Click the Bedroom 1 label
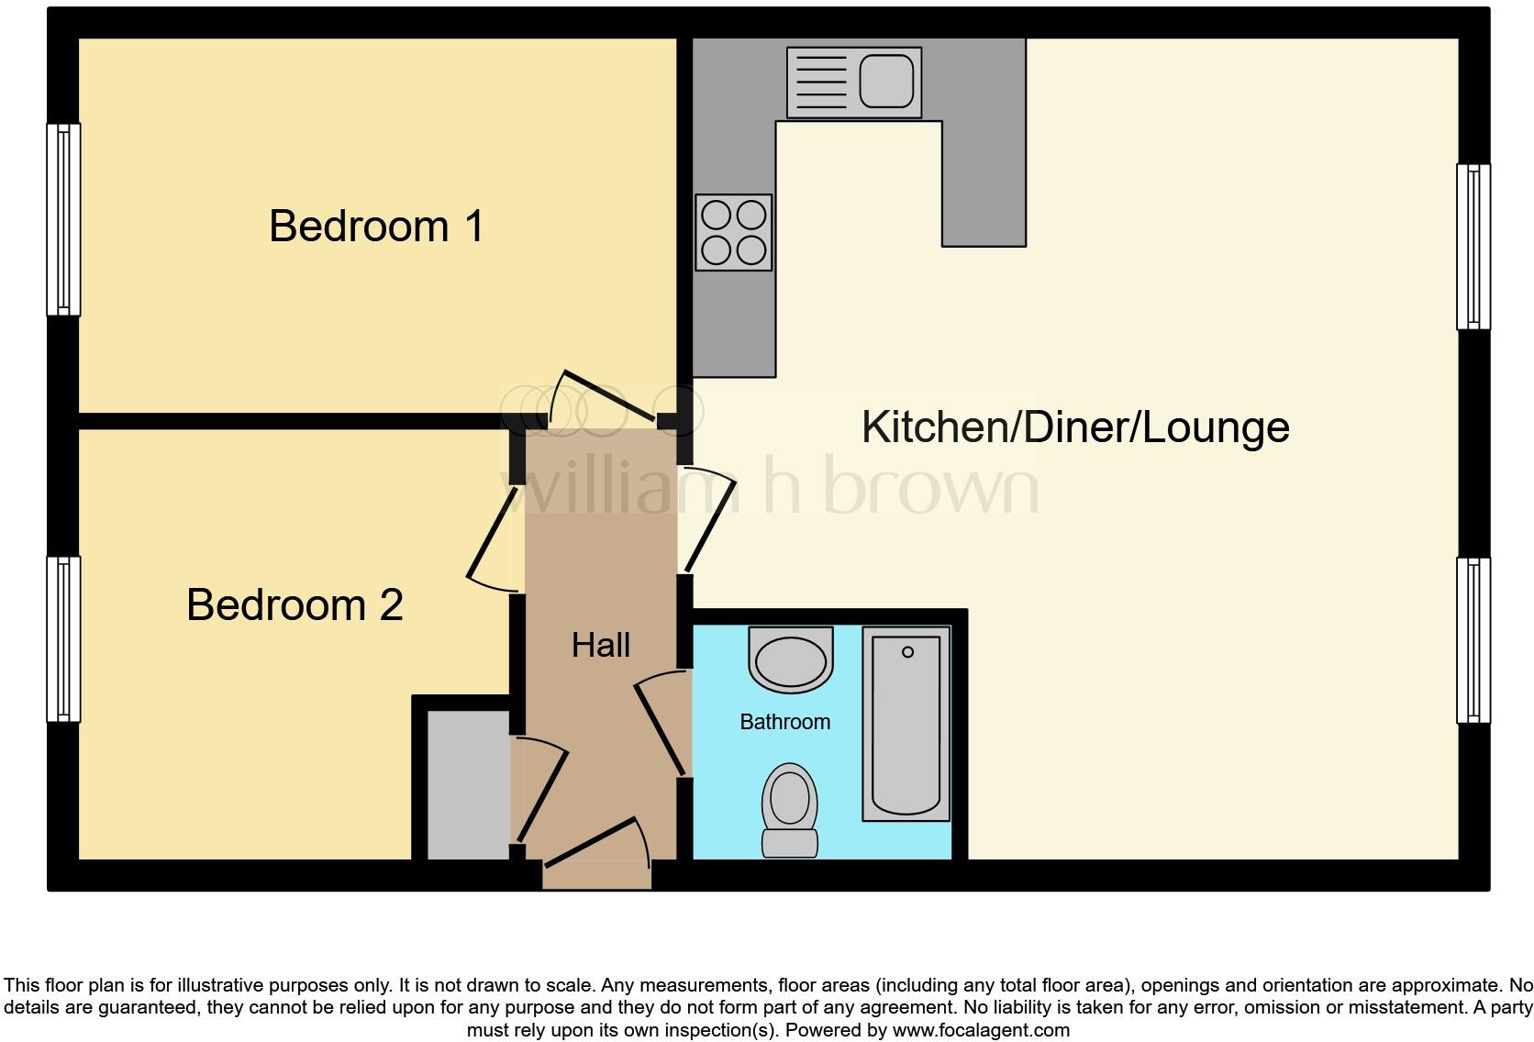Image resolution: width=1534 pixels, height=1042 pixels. click(x=376, y=227)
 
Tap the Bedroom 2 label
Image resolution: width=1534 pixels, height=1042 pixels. click(x=295, y=605)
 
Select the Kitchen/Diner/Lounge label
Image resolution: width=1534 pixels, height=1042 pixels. click(x=1075, y=427)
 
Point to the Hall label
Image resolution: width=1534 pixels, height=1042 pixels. click(x=601, y=645)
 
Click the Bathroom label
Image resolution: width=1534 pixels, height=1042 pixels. click(x=784, y=722)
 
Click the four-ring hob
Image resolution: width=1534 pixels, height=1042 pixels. click(x=733, y=232)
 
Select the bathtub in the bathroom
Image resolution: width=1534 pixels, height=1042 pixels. click(x=906, y=724)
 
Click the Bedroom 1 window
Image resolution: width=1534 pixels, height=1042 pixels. click(x=62, y=219)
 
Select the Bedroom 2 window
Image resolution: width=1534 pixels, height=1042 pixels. click(x=62, y=638)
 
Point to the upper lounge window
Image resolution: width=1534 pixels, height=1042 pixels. click(x=1473, y=247)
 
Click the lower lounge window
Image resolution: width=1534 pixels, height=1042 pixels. click(x=1473, y=640)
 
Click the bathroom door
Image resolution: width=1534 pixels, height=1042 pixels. click(x=661, y=725)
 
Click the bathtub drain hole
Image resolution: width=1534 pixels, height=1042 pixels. click(x=907, y=652)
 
